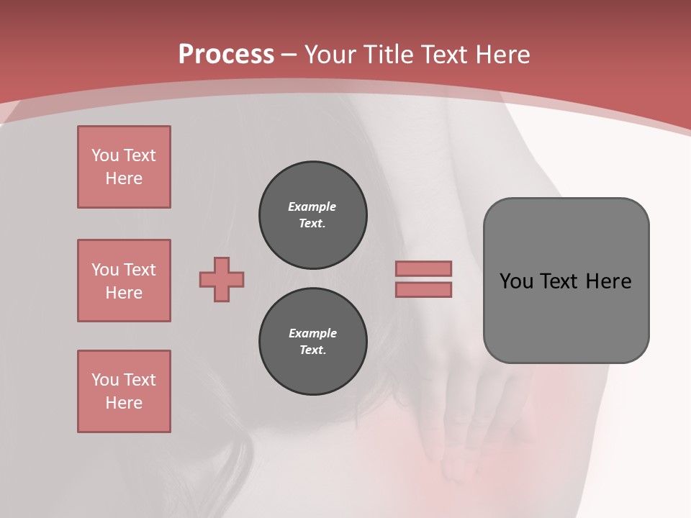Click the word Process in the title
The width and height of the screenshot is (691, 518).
pyautogui.click(x=226, y=54)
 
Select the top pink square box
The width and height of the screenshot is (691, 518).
pyautogui.click(x=124, y=167)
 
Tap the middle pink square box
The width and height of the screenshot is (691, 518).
pyautogui.click(x=124, y=281)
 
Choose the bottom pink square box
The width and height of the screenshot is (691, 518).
pyautogui.click(x=124, y=391)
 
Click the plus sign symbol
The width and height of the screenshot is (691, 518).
pyautogui.click(x=222, y=279)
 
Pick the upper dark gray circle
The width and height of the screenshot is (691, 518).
pyautogui.click(x=312, y=215)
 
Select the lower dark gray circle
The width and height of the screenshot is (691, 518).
pyautogui.click(x=312, y=342)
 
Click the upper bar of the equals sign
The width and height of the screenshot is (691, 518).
pyautogui.click(x=423, y=268)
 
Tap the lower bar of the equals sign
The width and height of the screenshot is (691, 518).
pyautogui.click(x=423, y=289)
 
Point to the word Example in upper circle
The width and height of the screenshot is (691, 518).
pyautogui.click(x=312, y=206)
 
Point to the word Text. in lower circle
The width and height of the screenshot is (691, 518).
pyautogui.click(x=312, y=350)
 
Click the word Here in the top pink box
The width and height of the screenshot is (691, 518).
pyautogui.click(x=124, y=178)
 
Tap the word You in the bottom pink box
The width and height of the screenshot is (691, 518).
pyautogui.click(x=105, y=380)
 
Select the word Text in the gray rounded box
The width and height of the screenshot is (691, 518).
pyautogui.click(x=559, y=281)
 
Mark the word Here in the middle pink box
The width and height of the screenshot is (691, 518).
pyautogui.click(x=124, y=293)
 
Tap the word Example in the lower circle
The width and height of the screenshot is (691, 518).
pyautogui.click(x=312, y=333)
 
